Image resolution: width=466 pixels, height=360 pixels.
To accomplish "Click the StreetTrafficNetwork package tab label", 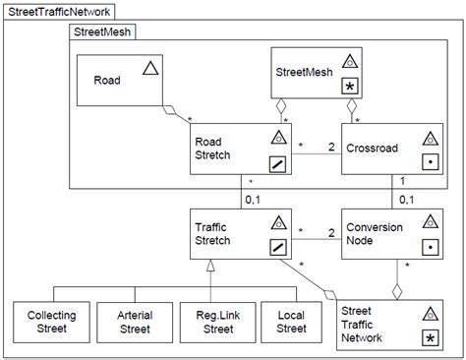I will click(59, 12).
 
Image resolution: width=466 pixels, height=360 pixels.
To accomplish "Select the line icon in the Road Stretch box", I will click(277, 164).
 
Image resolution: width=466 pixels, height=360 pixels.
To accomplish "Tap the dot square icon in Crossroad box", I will click(429, 164).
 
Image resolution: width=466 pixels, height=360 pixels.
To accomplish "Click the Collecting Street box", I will click(52, 323).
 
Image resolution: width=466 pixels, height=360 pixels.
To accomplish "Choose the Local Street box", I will click(290, 323).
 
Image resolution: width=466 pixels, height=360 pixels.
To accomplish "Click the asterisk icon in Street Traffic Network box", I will click(429, 338).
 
